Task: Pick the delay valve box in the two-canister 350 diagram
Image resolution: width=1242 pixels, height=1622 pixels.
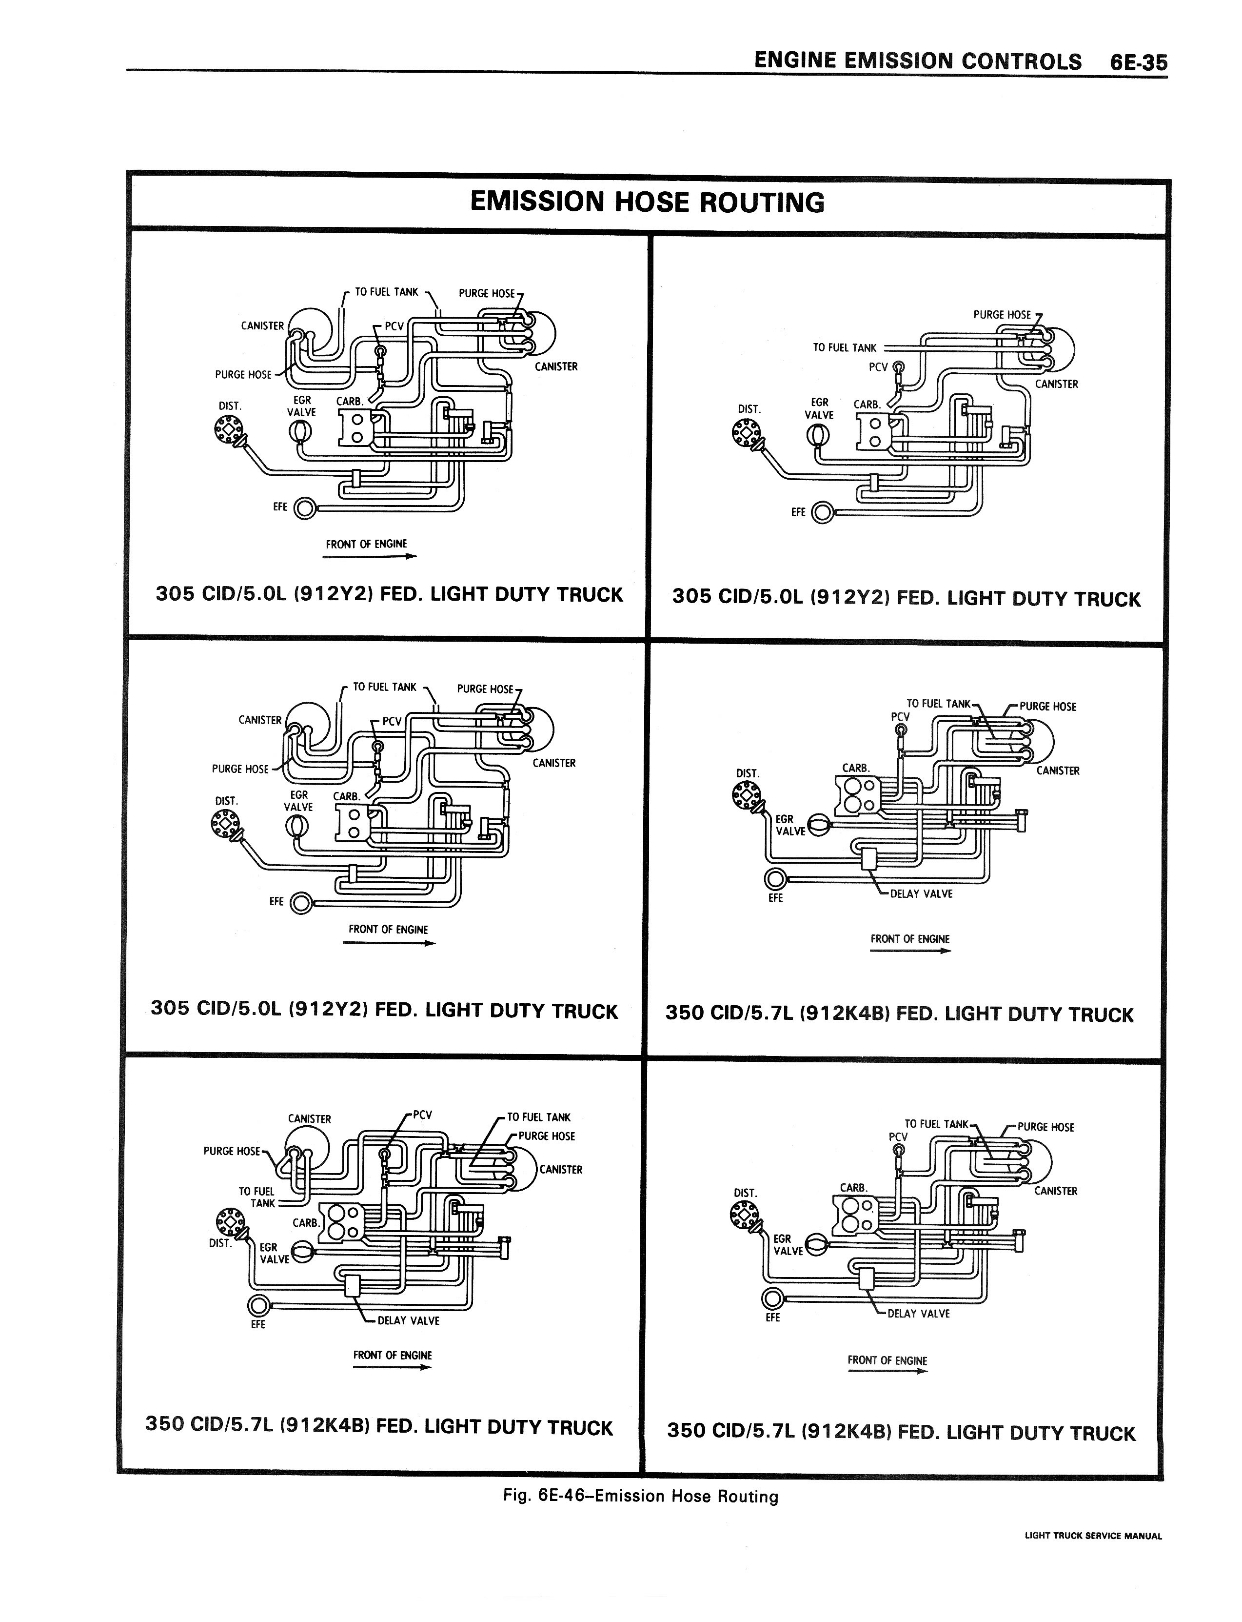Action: click(x=353, y=1285)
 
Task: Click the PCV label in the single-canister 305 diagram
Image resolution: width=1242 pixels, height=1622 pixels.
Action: click(x=878, y=367)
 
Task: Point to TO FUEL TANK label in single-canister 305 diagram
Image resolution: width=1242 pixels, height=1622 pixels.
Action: click(x=844, y=347)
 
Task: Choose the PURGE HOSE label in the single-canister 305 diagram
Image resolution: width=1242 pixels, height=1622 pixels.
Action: click(x=1002, y=314)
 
